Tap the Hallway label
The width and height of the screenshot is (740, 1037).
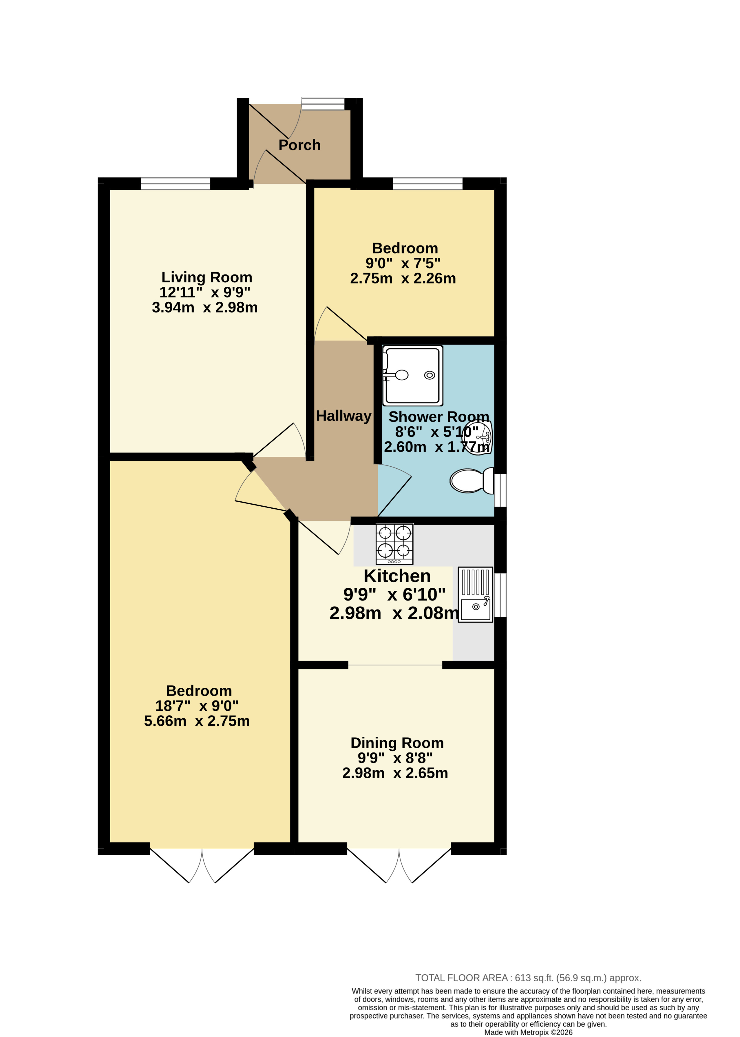(344, 416)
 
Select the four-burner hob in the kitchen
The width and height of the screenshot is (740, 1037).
(394, 544)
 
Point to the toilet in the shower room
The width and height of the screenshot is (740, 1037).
(472, 480)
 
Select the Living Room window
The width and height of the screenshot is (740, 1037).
(176, 184)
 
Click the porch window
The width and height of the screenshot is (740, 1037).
(323, 104)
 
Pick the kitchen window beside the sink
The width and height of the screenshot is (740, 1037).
(500, 595)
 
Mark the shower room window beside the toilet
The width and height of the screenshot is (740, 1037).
(500, 490)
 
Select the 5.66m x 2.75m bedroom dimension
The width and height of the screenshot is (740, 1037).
(197, 721)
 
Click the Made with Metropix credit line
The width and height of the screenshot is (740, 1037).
(528, 1032)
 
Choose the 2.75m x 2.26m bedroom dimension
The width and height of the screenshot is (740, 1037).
(403, 278)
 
